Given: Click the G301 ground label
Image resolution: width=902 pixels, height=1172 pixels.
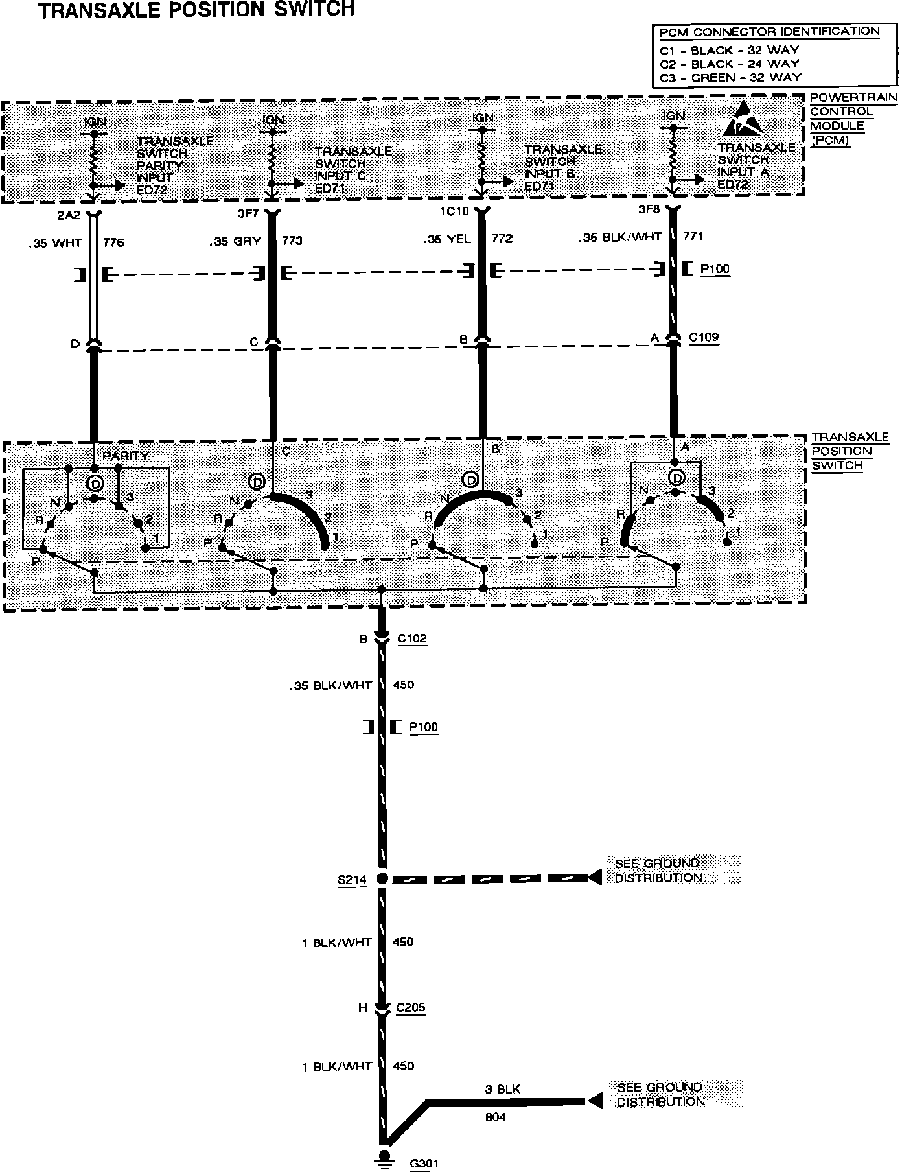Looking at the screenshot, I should point(424,1163).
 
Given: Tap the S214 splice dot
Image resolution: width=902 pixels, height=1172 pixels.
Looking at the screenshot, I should point(382,879).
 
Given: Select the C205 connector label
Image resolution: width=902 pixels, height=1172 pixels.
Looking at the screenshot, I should point(410,1008).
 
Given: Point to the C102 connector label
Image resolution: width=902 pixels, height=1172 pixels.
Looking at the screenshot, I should point(412,639).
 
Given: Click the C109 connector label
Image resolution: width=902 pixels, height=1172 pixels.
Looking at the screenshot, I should point(704,337).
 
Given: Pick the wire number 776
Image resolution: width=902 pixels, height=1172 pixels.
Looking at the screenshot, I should point(113,243).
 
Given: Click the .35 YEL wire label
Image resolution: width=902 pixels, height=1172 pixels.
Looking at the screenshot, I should point(447,239).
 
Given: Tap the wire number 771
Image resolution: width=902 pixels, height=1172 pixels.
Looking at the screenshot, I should point(693,237).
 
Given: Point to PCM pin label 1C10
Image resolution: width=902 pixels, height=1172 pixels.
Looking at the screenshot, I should point(453,211).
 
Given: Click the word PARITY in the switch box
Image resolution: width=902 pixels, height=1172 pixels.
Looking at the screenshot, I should point(126,456).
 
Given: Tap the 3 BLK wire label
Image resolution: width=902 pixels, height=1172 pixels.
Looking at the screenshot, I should point(502,1089).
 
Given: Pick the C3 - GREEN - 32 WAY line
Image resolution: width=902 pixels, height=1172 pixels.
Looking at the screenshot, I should point(729,77).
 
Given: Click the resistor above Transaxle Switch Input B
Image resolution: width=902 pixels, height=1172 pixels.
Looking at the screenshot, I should point(481,154).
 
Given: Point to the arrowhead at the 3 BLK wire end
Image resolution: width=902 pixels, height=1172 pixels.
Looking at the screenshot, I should point(594,1101).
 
